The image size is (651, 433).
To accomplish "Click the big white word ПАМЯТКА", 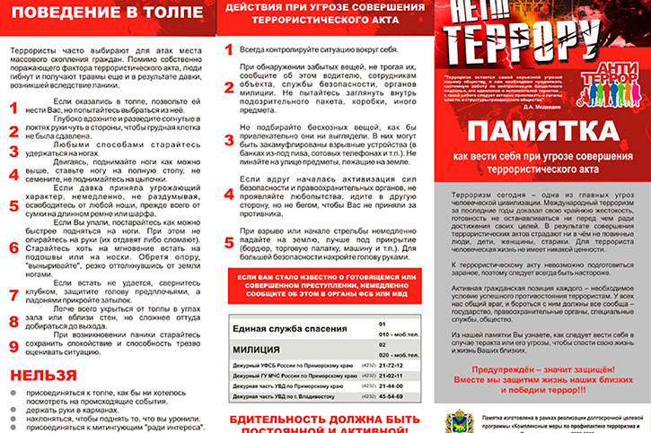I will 542,134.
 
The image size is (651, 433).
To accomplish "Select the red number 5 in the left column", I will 13,205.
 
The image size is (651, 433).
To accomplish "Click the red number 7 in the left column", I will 13,293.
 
